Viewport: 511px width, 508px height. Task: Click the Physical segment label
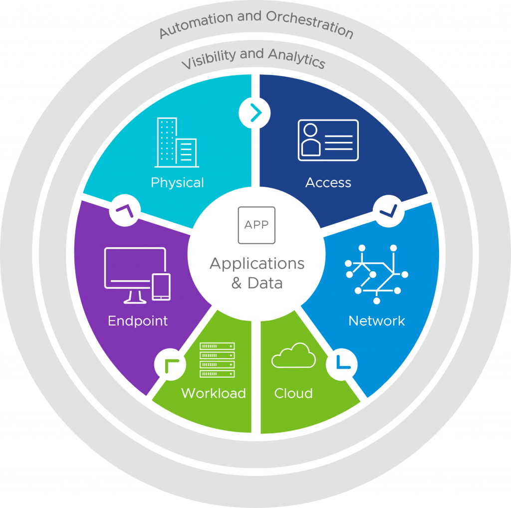(177, 183)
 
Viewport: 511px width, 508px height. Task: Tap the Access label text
(328, 183)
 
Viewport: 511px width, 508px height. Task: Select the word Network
(376, 321)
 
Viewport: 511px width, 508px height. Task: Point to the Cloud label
(293, 393)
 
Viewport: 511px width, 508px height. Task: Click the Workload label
(213, 393)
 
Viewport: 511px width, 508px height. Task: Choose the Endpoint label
(138, 321)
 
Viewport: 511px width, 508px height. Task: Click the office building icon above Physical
(177, 142)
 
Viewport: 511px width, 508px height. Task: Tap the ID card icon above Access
(328, 140)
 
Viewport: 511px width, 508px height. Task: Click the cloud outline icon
(293, 355)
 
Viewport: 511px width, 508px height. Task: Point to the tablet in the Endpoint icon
(161, 287)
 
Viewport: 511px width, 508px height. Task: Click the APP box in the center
(256, 225)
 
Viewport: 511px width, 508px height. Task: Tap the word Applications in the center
(256, 263)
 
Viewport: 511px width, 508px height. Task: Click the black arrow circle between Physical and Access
(255, 113)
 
